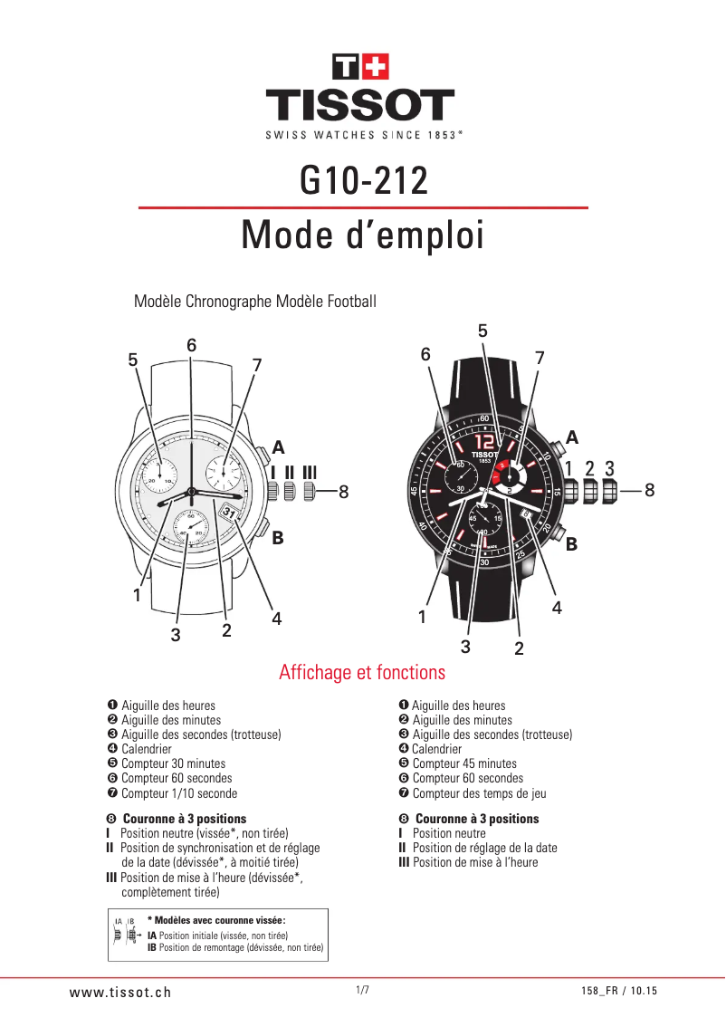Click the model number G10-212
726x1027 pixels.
(x=363, y=181)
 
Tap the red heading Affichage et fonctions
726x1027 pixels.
(x=362, y=673)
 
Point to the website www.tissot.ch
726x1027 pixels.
(x=120, y=992)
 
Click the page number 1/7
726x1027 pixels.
(x=362, y=990)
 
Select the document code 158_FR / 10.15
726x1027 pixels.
(x=619, y=992)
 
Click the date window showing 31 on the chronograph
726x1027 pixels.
(x=229, y=513)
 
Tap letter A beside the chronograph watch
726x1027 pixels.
(x=278, y=448)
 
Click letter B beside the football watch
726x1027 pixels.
(x=571, y=546)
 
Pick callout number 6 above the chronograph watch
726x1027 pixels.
(x=192, y=345)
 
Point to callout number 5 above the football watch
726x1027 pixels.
(x=482, y=331)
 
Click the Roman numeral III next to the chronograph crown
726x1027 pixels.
(x=310, y=472)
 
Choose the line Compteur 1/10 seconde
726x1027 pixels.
(x=179, y=793)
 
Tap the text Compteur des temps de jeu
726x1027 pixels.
(x=479, y=793)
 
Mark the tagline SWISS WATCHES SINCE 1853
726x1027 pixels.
(x=362, y=135)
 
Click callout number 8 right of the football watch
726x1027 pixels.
(x=650, y=490)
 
